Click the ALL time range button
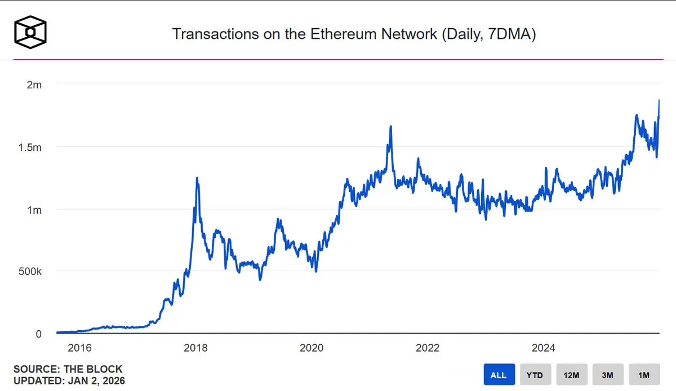tap(499, 375)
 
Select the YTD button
tap(535, 375)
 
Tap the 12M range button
tap(572, 375)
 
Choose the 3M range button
tap(608, 375)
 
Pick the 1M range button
tap(644, 375)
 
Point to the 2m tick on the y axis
tap(34, 84)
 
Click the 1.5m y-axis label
tap(29, 147)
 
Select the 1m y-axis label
tap(34, 210)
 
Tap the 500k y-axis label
tap(30, 272)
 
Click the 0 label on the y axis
tap(38, 334)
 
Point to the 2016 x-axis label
tap(79, 348)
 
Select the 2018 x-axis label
tap(195, 348)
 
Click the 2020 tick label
tap(312, 348)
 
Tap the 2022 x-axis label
tap(428, 348)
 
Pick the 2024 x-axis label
tap(544, 348)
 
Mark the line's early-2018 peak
tap(197, 178)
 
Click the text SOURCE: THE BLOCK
tap(68, 370)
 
